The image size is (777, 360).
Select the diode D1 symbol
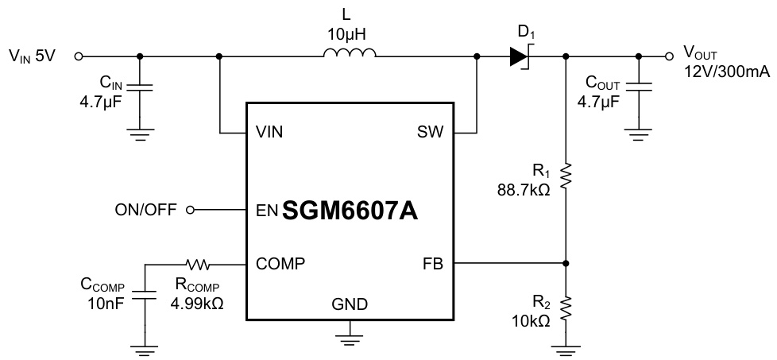520,56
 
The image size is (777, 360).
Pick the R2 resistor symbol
566,307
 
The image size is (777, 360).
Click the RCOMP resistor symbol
196,262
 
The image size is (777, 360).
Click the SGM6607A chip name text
350,211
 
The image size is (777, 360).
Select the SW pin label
431,132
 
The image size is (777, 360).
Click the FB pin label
433,262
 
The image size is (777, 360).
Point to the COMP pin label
279,262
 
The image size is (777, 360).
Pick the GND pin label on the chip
350,303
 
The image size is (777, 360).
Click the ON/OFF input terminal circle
189,211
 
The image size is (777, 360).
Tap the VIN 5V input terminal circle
79,56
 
